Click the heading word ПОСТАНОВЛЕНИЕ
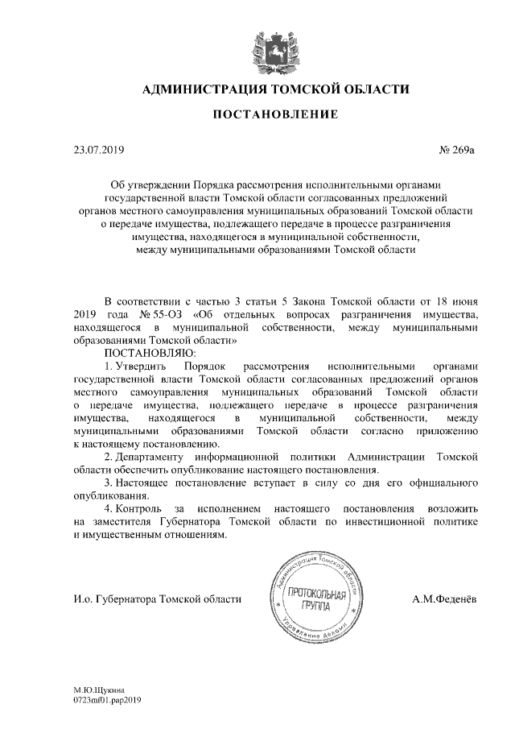(x=274, y=115)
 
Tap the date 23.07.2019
(x=98, y=150)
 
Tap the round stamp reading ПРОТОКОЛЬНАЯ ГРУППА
(x=315, y=599)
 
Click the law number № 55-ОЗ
(x=161, y=314)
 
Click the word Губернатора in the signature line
(x=126, y=599)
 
